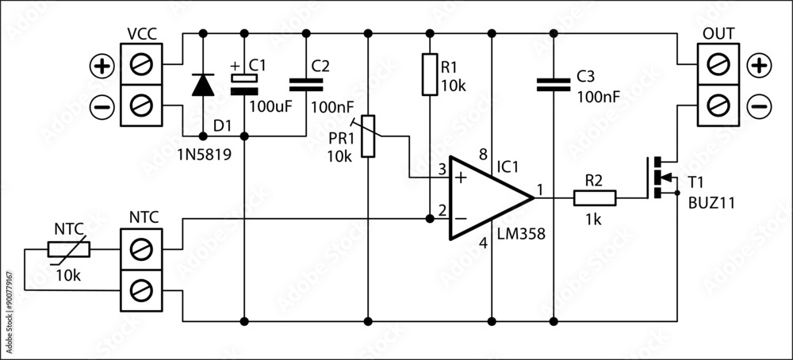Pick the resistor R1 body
(x=429, y=75)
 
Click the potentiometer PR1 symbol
(x=368, y=136)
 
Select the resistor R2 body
(x=594, y=197)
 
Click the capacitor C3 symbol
(x=553, y=84)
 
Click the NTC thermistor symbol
(x=70, y=250)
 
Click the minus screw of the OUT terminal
(x=718, y=105)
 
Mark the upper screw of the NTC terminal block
(x=140, y=251)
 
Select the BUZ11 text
(x=712, y=203)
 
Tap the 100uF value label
(x=271, y=104)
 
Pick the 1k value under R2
(x=592, y=219)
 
